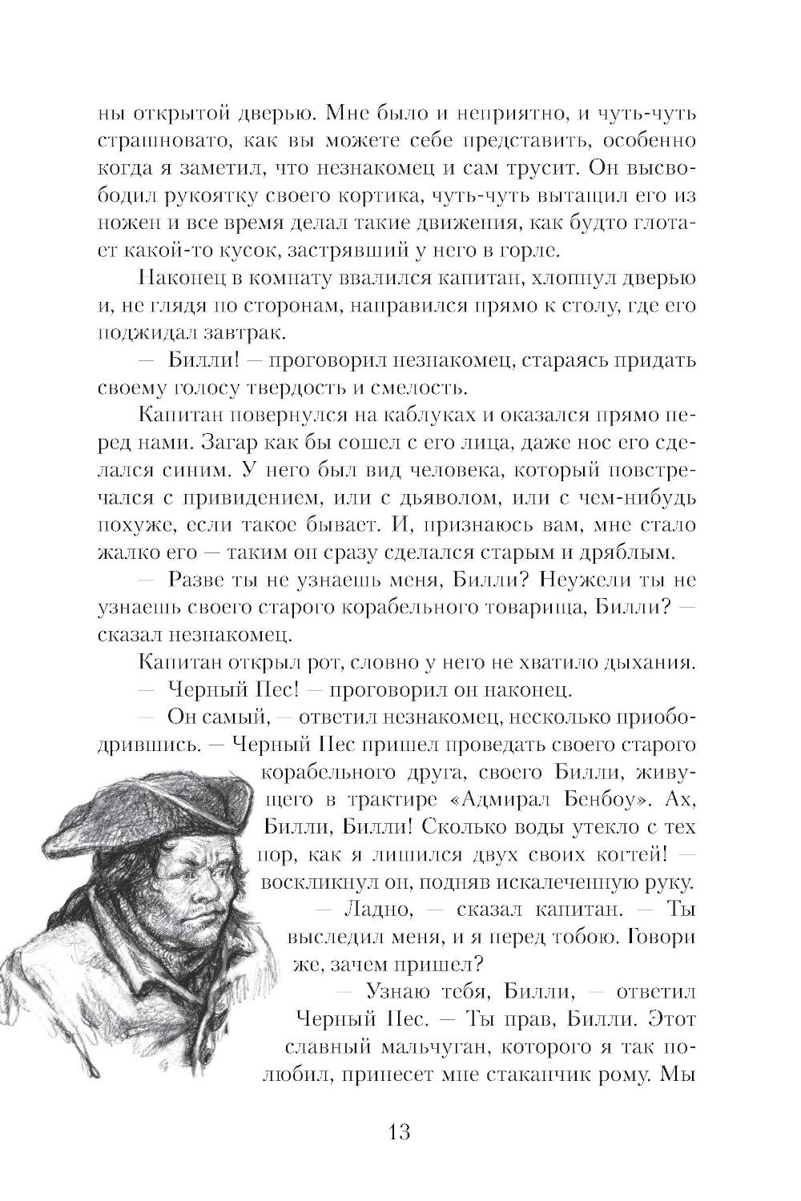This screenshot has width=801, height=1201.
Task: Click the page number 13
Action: click(398, 1131)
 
